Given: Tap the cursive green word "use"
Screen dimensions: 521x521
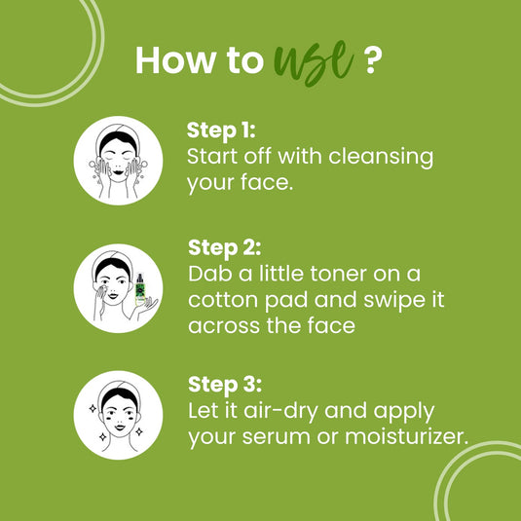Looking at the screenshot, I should click(312, 60).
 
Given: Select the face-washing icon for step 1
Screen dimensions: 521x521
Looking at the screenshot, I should click(117, 162).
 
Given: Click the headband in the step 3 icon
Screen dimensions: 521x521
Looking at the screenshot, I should click(117, 393).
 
